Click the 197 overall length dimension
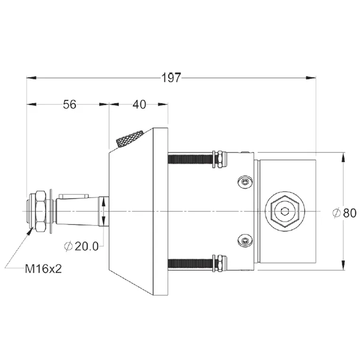tap(171, 78)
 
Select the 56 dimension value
tap(69, 105)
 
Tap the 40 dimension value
tap(139, 105)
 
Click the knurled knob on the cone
tap(129, 139)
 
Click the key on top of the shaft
tap(74, 195)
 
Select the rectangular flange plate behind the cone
tap(161, 212)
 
